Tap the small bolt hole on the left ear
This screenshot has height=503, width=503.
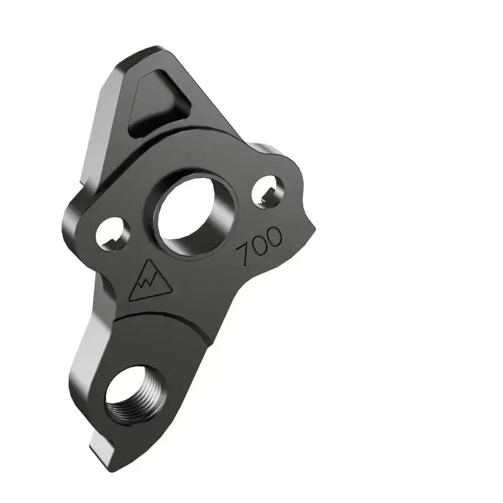113,234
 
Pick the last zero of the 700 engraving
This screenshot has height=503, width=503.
275,237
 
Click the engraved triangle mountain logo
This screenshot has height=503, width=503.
150,281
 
